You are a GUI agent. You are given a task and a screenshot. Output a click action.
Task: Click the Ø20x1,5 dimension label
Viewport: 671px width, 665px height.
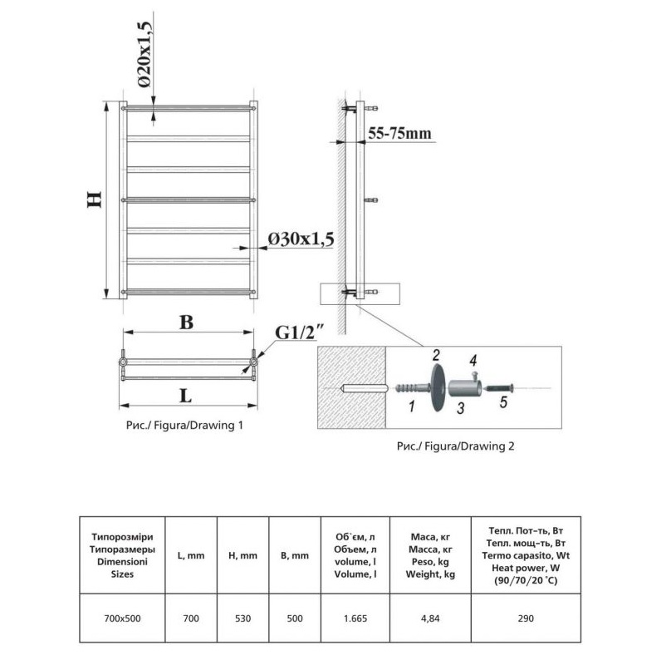pos(144,54)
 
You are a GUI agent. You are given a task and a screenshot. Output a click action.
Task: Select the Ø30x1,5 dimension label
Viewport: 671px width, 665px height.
pos(301,239)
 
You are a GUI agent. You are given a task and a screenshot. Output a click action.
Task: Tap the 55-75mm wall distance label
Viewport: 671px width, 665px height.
pos(399,133)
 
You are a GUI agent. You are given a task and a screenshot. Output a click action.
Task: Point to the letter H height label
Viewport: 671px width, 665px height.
pos(94,199)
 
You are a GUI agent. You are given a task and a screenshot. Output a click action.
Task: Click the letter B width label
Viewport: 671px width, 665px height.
pos(186,323)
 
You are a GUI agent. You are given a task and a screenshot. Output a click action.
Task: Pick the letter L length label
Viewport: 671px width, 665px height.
pos(185,396)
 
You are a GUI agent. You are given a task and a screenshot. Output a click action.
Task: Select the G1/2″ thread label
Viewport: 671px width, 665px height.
pos(299,332)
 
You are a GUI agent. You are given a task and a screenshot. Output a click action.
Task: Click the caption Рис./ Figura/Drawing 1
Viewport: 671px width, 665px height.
pos(184,425)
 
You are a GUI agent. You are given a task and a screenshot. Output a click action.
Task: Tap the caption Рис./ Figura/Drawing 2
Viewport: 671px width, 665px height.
pos(455,446)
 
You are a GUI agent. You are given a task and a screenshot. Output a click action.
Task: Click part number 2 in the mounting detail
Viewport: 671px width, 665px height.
pos(436,355)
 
